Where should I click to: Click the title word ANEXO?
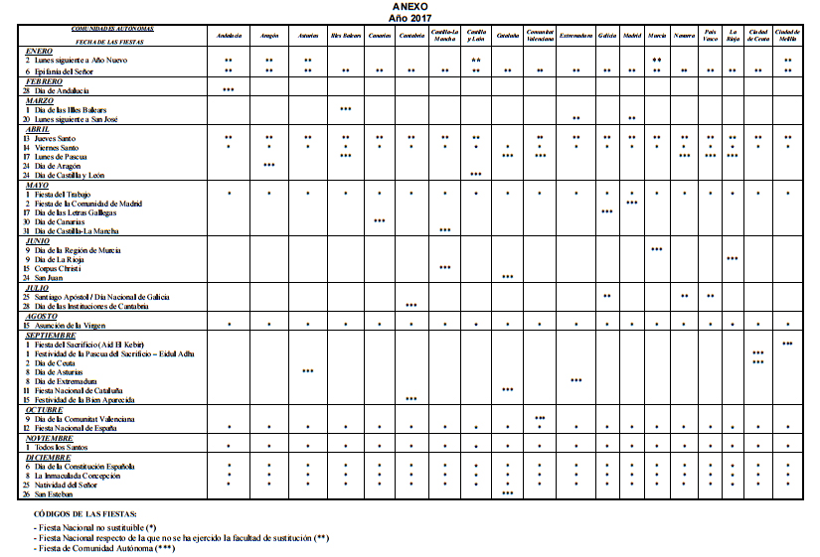410,6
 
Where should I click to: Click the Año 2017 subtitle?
410,17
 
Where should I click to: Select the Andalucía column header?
229,36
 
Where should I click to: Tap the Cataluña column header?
507,36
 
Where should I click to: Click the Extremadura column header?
575,36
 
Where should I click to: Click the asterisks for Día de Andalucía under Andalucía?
229,90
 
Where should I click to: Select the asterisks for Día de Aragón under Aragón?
269,165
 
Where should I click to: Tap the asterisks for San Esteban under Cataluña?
507,493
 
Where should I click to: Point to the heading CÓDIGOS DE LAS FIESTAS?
83,513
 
